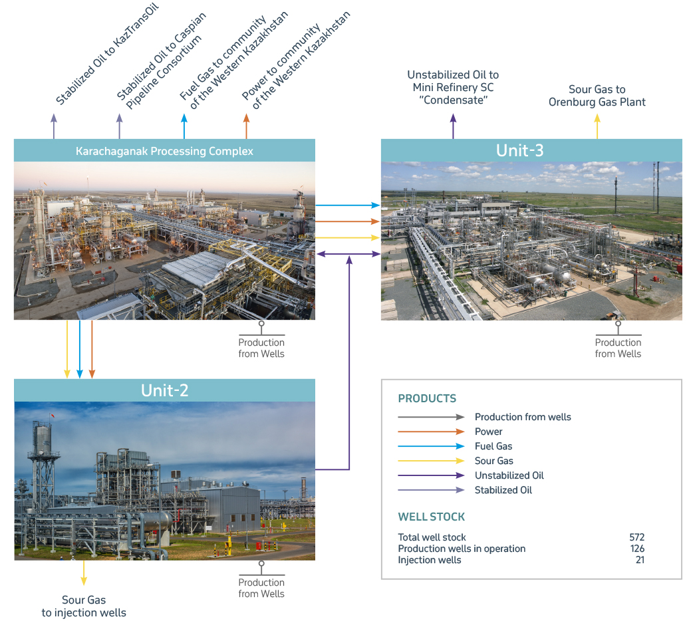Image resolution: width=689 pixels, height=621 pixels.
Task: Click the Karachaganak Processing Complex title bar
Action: pyautogui.click(x=164, y=151)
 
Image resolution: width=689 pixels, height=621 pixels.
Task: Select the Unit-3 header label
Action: pyautogui.click(x=520, y=151)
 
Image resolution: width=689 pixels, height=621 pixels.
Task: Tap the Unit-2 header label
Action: pyautogui.click(x=165, y=390)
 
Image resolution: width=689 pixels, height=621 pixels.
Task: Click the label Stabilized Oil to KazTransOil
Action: pyautogui.click(x=107, y=54)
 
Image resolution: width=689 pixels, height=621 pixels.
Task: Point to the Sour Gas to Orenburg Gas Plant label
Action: pyautogui.click(x=597, y=96)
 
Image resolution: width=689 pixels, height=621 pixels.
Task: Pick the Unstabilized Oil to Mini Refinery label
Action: pyautogui.click(x=453, y=87)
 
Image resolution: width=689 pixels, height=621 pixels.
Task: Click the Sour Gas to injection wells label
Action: pyautogui.click(x=84, y=606)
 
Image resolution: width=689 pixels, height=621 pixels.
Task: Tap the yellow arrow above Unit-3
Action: pyautogui.click(x=597, y=126)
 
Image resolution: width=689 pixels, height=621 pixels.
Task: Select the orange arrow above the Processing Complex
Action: pyautogui.click(x=247, y=126)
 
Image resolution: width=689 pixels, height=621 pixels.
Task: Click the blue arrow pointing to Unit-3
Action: pyautogui.click(x=348, y=205)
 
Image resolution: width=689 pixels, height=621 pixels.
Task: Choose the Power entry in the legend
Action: pyautogui.click(x=489, y=432)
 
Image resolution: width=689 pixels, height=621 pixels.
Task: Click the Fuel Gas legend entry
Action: pyautogui.click(x=493, y=446)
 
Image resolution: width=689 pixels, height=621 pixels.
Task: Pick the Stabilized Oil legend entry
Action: pyautogui.click(x=503, y=490)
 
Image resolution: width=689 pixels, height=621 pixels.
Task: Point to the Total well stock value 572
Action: pyautogui.click(x=636, y=537)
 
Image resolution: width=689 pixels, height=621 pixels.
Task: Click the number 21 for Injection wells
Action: pyautogui.click(x=640, y=560)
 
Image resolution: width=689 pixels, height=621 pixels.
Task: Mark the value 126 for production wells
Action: pyautogui.click(x=637, y=549)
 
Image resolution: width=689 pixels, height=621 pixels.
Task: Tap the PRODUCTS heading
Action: pyautogui.click(x=427, y=398)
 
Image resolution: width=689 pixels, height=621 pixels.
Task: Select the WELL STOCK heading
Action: pyautogui.click(x=432, y=517)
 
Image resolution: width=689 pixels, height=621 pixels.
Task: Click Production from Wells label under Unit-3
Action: pyautogui.click(x=618, y=348)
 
